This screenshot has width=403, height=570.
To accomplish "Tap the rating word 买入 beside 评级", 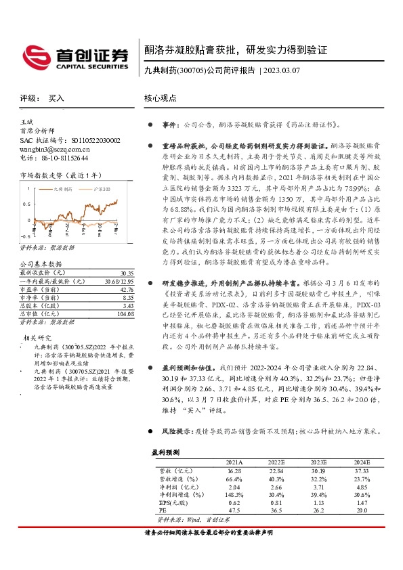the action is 56,98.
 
